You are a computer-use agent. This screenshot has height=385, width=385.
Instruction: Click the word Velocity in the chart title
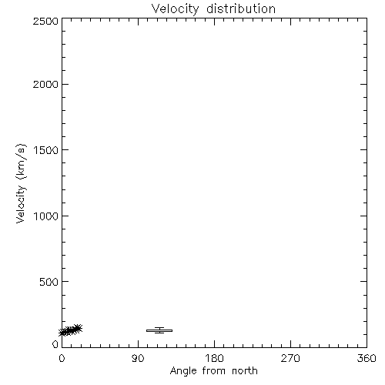click(175, 9)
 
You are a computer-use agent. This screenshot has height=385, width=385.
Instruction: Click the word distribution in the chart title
click(241, 8)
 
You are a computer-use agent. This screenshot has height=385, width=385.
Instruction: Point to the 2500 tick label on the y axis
click(45, 21)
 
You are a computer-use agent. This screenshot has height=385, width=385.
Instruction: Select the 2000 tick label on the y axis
click(45, 84)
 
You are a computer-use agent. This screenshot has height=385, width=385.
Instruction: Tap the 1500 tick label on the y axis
click(46, 150)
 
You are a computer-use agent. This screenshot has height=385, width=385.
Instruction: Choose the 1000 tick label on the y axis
click(46, 216)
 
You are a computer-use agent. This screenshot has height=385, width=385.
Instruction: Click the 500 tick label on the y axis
click(49, 282)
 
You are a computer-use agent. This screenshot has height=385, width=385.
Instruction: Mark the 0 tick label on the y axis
click(55, 344)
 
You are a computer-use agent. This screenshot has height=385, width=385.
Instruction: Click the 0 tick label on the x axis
click(62, 358)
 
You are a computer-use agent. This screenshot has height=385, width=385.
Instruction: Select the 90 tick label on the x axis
click(138, 358)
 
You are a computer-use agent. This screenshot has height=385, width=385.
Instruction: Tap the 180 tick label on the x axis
click(214, 358)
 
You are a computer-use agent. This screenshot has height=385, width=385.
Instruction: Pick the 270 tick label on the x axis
click(290, 358)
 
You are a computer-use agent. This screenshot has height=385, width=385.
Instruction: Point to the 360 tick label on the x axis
click(367, 358)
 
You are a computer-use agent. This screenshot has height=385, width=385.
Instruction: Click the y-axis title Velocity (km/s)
click(21, 183)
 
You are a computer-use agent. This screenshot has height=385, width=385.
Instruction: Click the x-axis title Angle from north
click(214, 371)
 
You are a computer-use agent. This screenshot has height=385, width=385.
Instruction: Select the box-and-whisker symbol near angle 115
click(159, 330)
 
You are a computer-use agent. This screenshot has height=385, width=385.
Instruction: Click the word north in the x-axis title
click(245, 371)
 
